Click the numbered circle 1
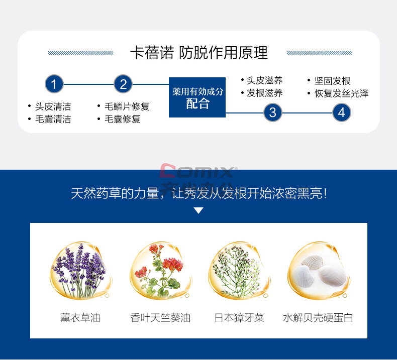tap(54, 84)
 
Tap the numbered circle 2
tap(123, 84)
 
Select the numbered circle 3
tap(272, 112)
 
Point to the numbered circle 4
tap(341, 112)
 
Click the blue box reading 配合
tap(197, 98)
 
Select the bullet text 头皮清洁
tap(53, 106)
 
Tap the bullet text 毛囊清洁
tap(53, 119)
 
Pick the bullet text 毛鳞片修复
tap(127, 106)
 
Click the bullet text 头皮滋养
tap(264, 80)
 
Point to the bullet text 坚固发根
tap(332, 81)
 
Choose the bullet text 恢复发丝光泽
tap(341, 93)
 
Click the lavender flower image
tap(80, 272)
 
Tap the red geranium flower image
tap(160, 272)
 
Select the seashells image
tap(318, 272)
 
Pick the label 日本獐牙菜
tap(239, 318)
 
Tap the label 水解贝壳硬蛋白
tap(318, 318)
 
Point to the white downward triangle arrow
tap(198, 210)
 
